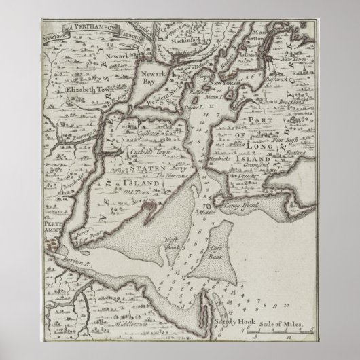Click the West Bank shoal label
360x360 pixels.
click(x=173, y=243)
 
